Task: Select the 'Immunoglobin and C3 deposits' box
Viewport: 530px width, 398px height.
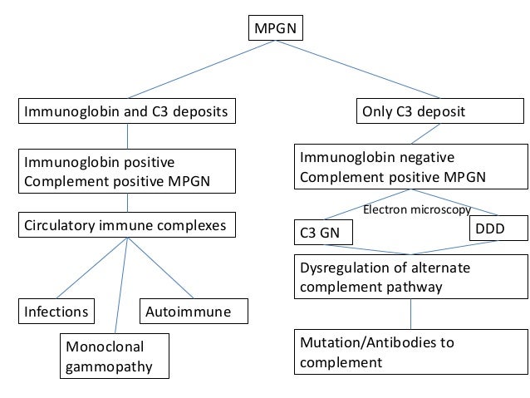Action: pyautogui.click(x=125, y=111)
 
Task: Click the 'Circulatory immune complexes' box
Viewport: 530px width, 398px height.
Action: pyautogui.click(x=125, y=224)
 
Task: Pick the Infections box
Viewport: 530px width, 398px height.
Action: pyautogui.click(x=56, y=312)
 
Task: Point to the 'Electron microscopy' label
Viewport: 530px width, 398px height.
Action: pyautogui.click(x=416, y=211)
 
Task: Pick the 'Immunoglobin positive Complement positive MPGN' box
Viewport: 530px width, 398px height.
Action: pyautogui.click(x=125, y=169)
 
